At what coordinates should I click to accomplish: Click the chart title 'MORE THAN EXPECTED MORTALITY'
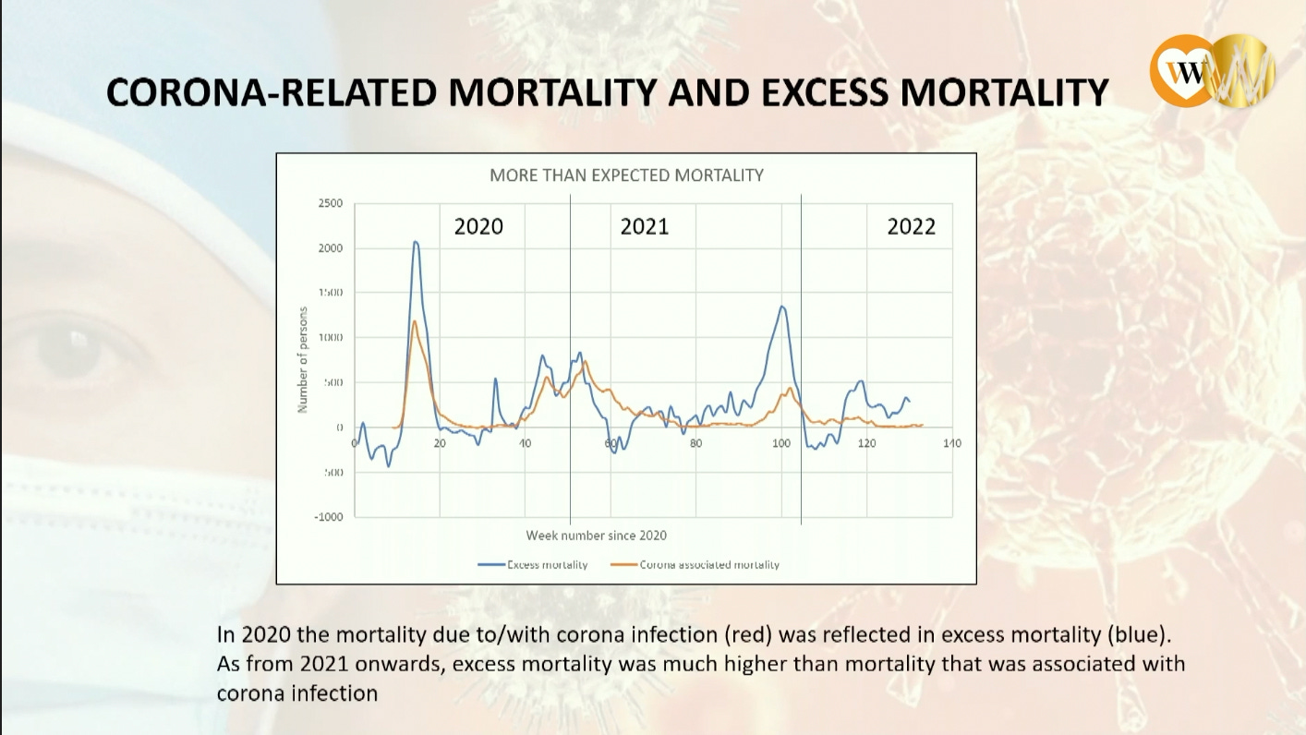click(626, 175)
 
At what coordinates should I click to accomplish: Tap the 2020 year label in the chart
click(478, 227)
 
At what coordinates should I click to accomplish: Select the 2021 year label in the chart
click(644, 227)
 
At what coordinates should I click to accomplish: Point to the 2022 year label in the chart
click(911, 227)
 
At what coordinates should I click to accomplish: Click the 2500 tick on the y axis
click(330, 203)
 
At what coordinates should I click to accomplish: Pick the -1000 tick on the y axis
click(328, 517)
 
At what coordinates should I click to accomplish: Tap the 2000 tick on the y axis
click(330, 248)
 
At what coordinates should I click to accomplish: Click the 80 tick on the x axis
click(695, 444)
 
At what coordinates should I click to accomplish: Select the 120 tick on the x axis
click(866, 444)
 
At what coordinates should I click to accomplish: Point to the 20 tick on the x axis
click(440, 444)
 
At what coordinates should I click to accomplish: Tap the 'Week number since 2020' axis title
click(596, 536)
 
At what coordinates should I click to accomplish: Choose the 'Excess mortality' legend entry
click(533, 565)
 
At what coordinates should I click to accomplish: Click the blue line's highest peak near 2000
click(416, 242)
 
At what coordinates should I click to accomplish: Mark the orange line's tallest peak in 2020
click(415, 321)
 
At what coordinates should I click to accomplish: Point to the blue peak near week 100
click(782, 307)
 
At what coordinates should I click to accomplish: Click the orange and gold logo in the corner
click(1211, 70)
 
